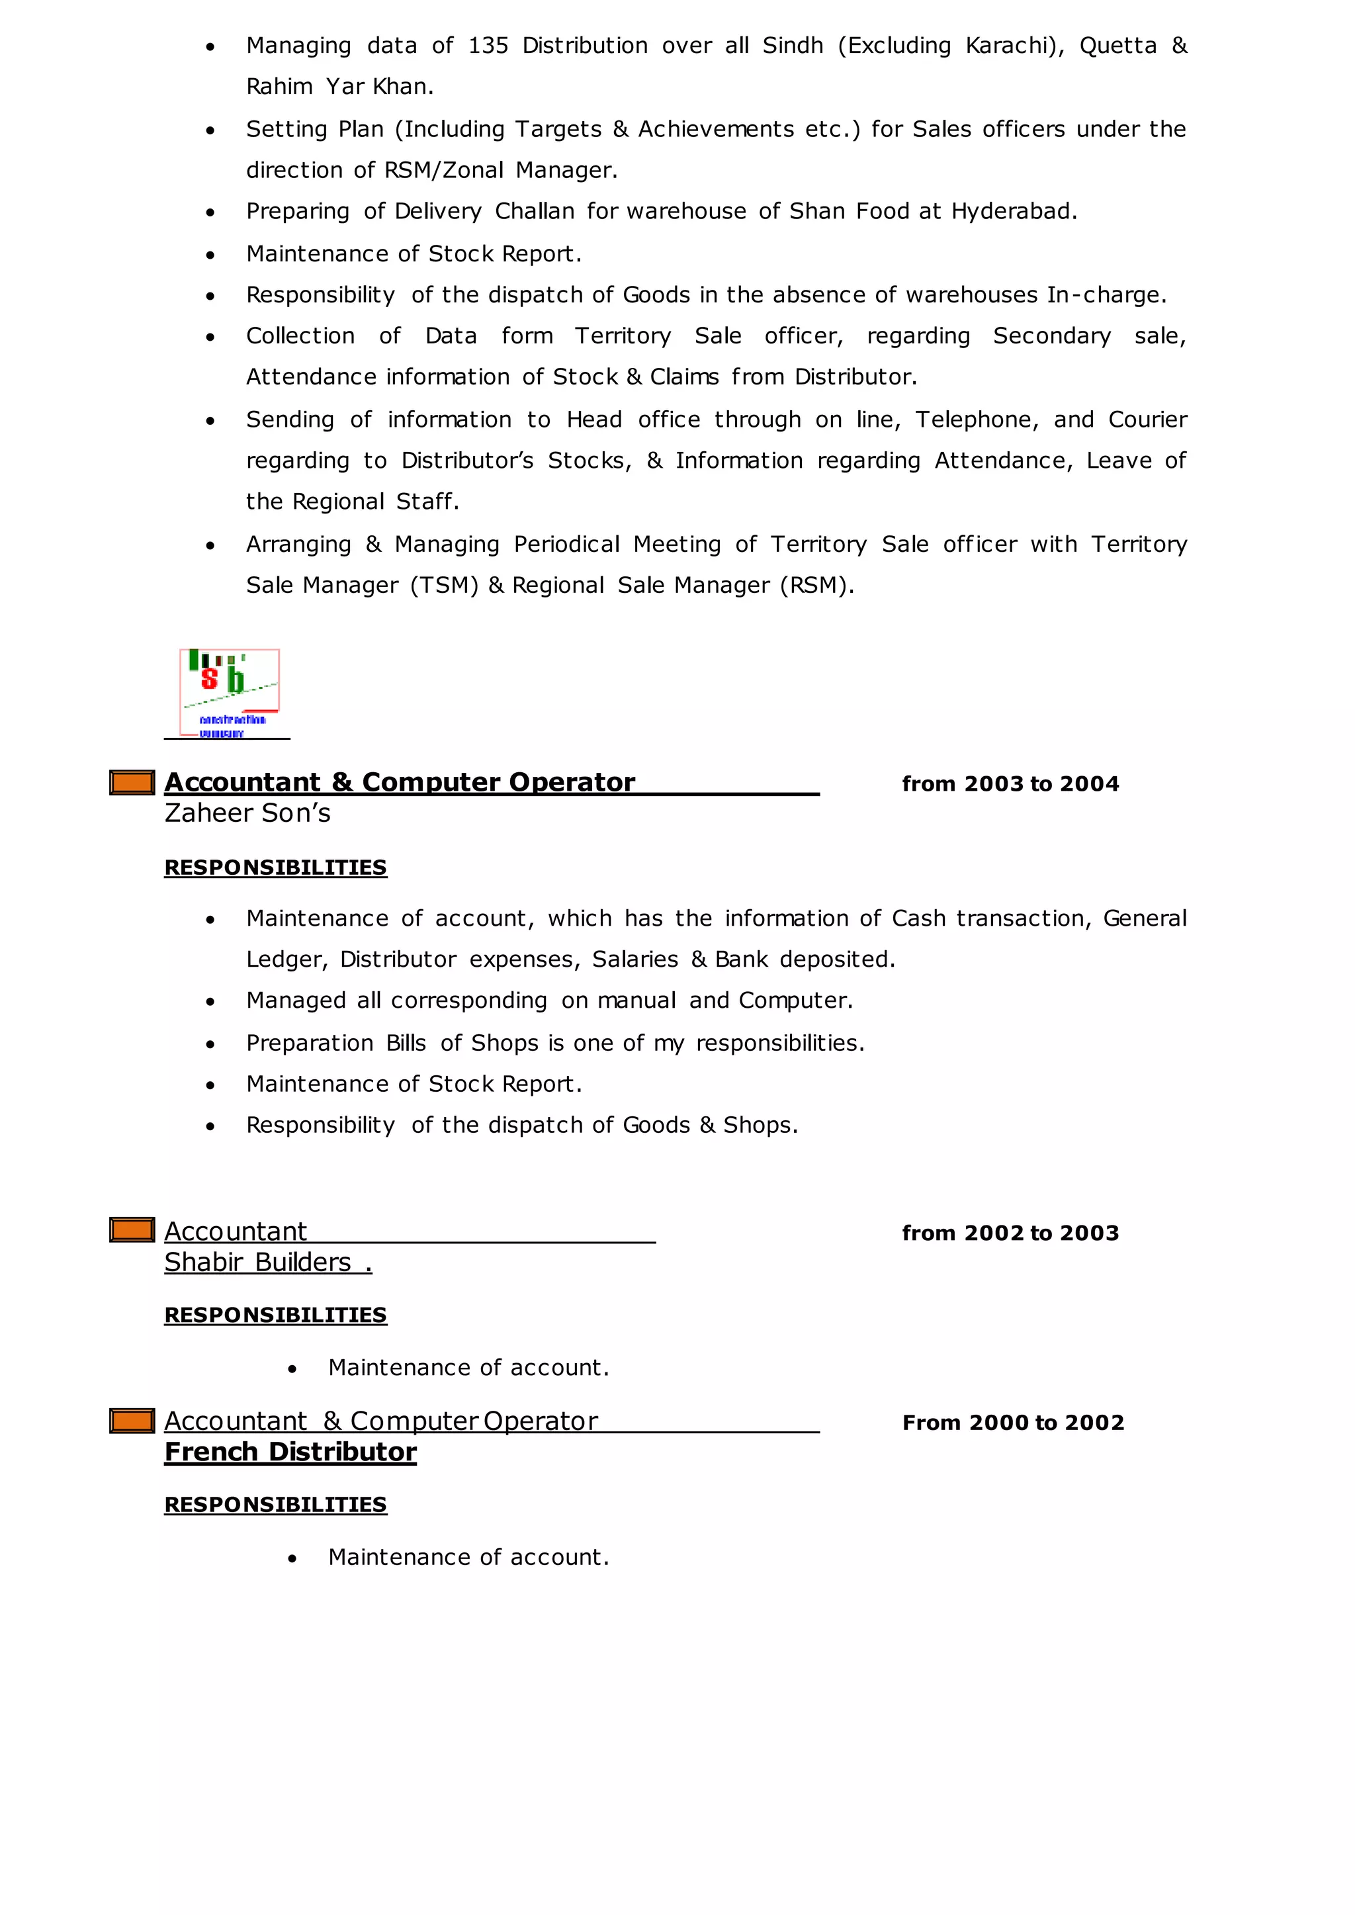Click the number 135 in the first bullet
(x=488, y=46)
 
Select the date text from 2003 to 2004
(x=1010, y=783)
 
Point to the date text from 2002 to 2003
(x=1010, y=1233)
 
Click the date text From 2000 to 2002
(x=1013, y=1422)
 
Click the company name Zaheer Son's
(x=247, y=813)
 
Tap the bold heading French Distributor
(x=290, y=1452)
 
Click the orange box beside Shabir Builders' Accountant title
(x=132, y=1230)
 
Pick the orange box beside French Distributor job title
(x=132, y=1420)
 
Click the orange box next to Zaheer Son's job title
(x=132, y=783)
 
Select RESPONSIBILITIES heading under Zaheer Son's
(x=275, y=868)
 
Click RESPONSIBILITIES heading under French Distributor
(x=275, y=1505)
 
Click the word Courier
(x=1147, y=420)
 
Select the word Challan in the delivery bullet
(x=534, y=212)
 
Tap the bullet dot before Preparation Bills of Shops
(x=210, y=1044)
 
